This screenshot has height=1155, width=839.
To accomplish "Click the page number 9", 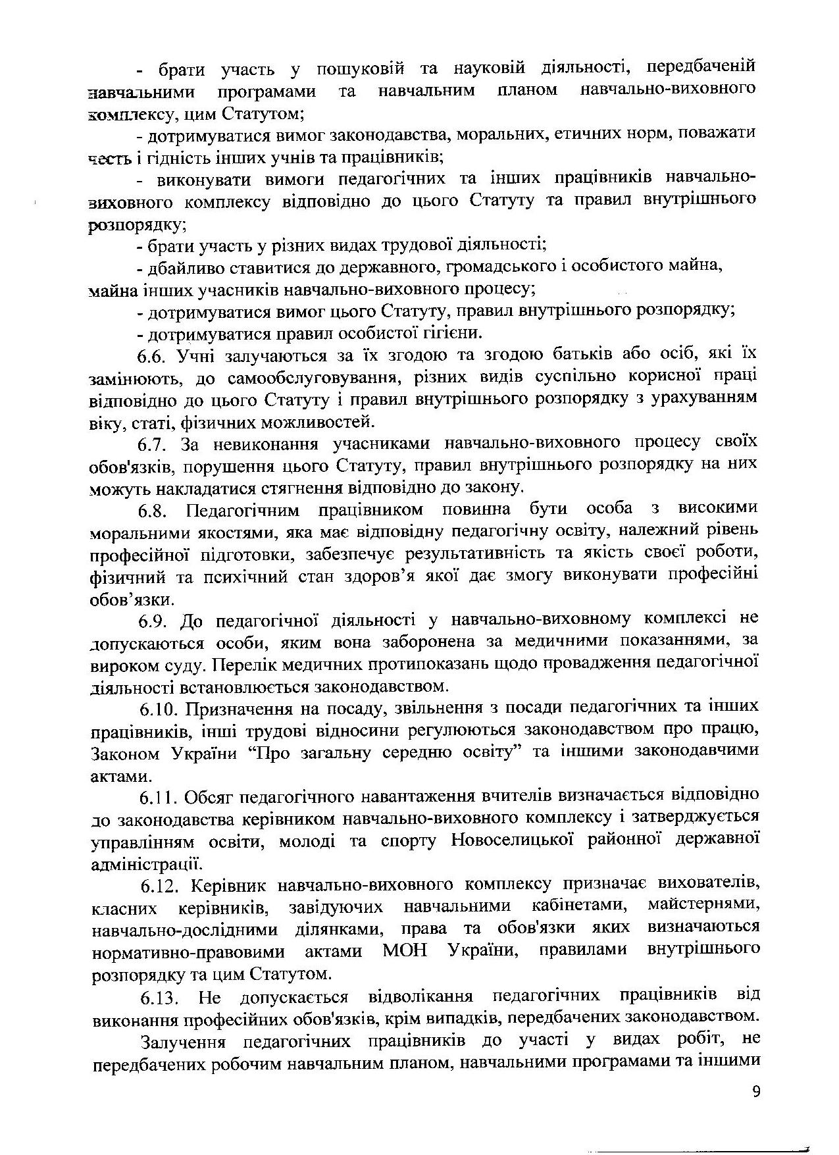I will point(755,1092).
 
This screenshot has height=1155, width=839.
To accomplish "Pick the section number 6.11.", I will point(158,798).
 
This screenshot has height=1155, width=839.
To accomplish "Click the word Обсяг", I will point(208,798).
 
